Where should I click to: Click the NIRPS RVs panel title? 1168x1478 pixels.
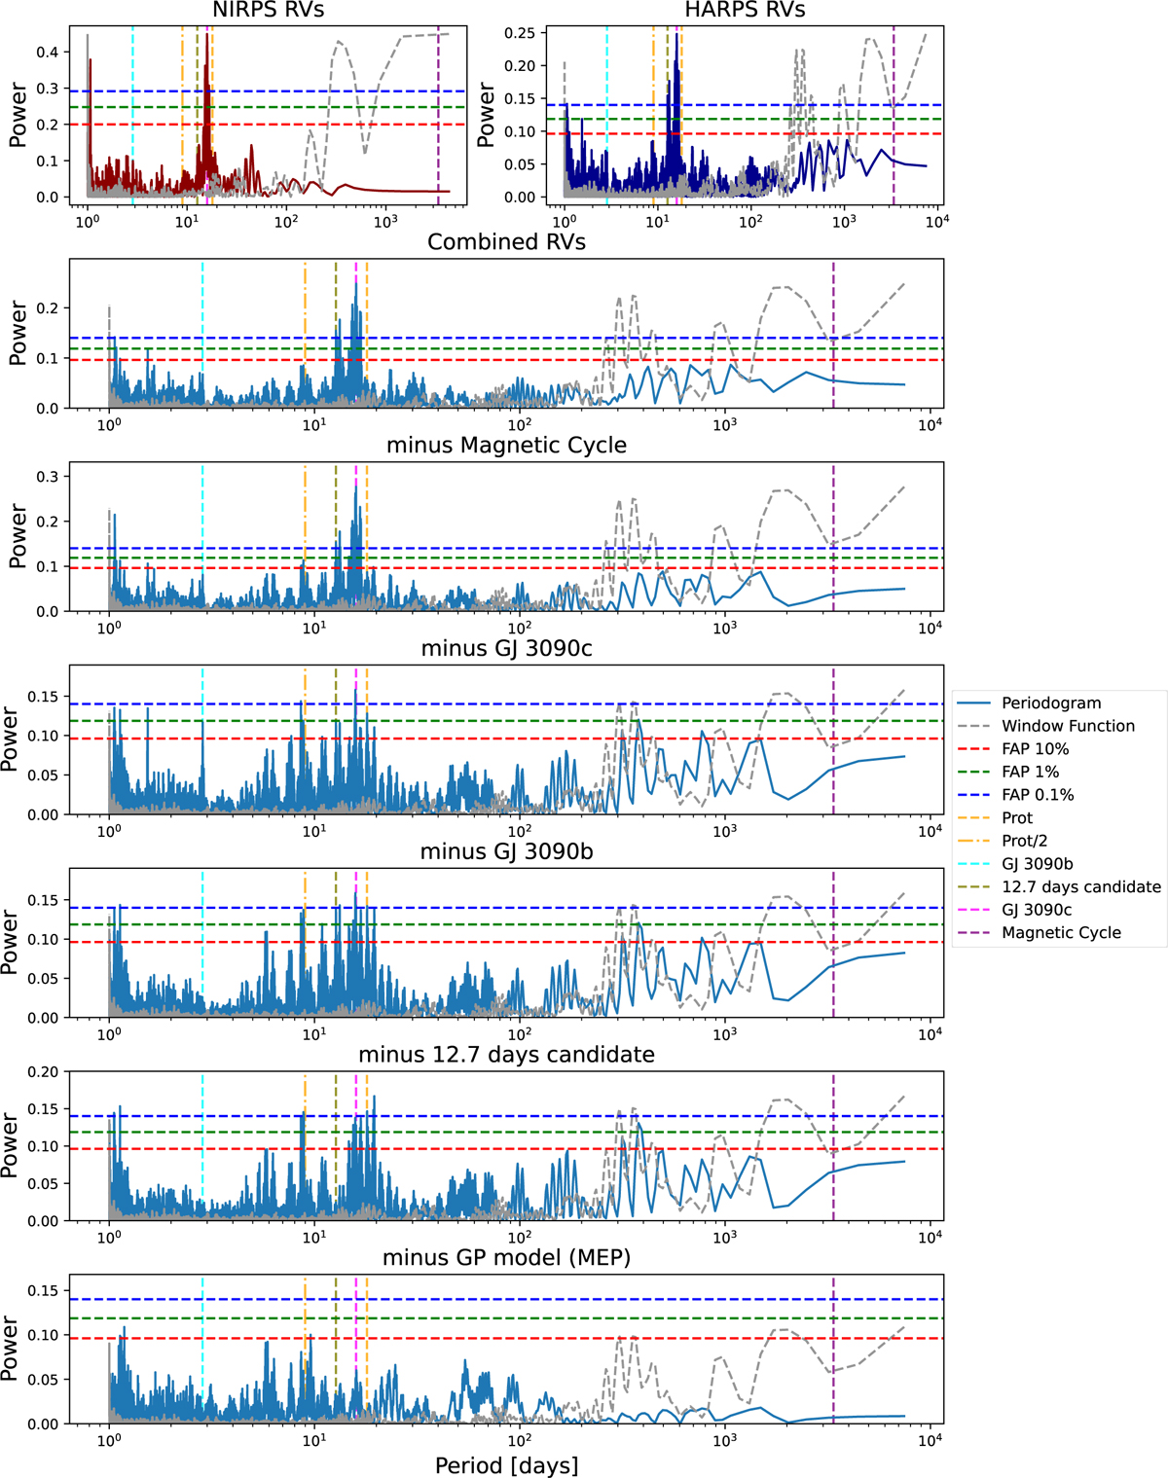pyautogui.click(x=268, y=11)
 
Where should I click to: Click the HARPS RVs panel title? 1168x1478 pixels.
pyautogui.click(x=745, y=11)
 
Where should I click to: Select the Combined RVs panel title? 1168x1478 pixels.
pyautogui.click(x=506, y=242)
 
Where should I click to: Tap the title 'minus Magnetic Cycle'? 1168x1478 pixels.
pyautogui.click(x=506, y=446)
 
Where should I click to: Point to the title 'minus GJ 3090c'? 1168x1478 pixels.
pyautogui.click(x=506, y=648)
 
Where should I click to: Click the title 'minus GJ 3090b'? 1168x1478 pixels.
pyautogui.click(x=506, y=851)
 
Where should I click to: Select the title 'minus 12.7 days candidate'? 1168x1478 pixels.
pyautogui.click(x=506, y=1055)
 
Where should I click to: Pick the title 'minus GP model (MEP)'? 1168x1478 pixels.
pyautogui.click(x=506, y=1257)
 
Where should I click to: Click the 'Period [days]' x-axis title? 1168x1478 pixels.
pyautogui.click(x=506, y=1465)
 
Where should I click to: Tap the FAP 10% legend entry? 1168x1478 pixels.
pyautogui.click(x=1035, y=749)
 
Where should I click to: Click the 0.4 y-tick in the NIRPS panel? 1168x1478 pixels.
pyautogui.click(x=48, y=53)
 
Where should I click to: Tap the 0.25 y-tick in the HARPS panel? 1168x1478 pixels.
pyautogui.click(x=520, y=33)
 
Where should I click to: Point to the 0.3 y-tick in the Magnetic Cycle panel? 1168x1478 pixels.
pyautogui.click(x=48, y=477)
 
